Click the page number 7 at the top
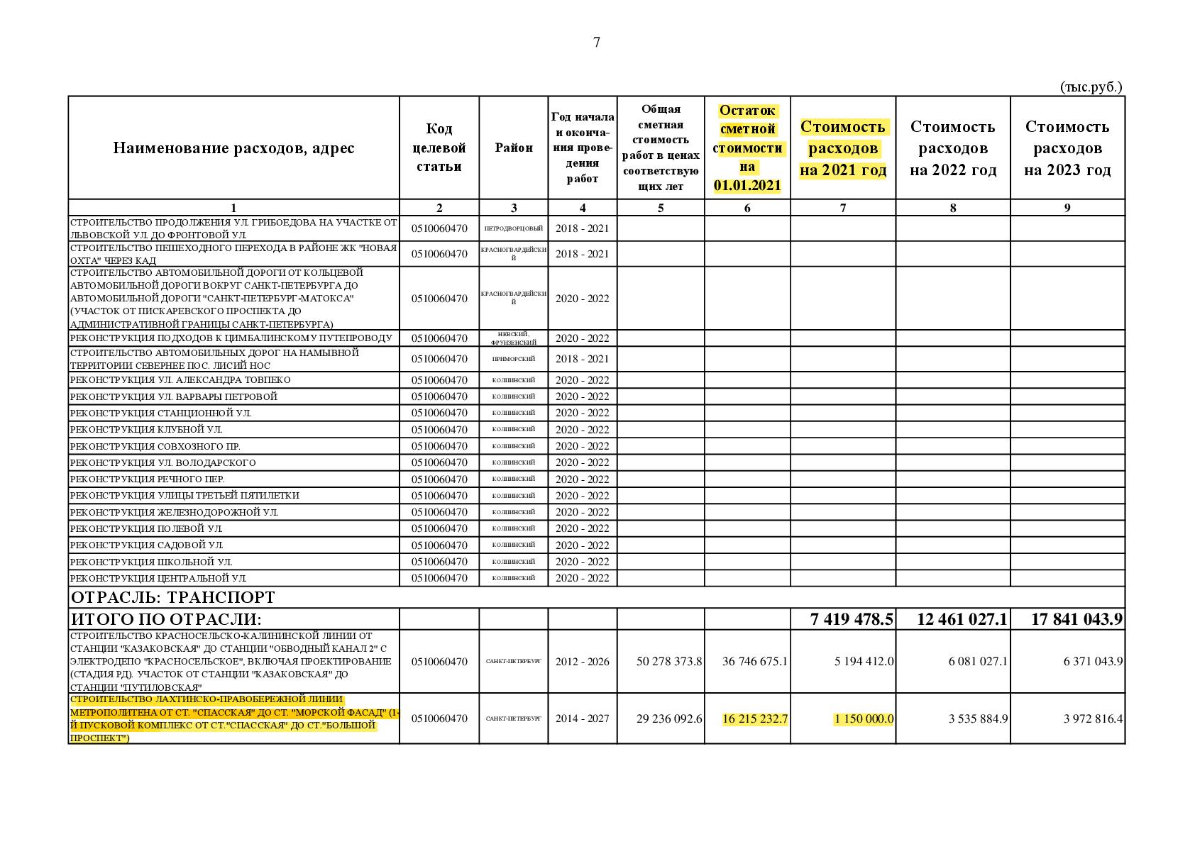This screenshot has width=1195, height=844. tap(597, 43)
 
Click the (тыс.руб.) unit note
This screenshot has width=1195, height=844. tap(1091, 87)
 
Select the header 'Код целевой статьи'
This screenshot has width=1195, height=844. tap(439, 148)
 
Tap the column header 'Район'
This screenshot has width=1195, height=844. tap(514, 148)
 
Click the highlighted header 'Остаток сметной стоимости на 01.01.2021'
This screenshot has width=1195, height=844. tap(747, 148)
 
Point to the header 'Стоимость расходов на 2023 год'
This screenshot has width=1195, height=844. tap(1067, 148)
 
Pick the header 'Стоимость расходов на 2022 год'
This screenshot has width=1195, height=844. tap(953, 148)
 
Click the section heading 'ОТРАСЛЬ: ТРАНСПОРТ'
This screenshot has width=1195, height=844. tap(173, 597)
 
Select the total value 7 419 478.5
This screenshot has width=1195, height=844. tap(852, 619)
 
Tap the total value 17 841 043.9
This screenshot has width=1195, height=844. tap(1076, 619)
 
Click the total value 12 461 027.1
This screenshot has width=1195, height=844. tap(962, 619)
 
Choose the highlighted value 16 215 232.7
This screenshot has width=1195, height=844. tap(755, 718)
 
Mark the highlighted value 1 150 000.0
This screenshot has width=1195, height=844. tap(864, 718)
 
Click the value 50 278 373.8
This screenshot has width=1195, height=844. tap(669, 661)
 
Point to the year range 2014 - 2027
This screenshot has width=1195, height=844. tap(582, 718)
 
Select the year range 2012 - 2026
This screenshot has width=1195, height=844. tap(582, 661)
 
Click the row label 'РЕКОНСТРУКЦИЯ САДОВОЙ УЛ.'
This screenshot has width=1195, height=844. tap(147, 545)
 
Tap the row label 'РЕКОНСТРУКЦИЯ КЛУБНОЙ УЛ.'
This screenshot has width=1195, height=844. tap(146, 430)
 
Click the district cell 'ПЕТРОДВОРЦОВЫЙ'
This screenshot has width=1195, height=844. tap(514, 228)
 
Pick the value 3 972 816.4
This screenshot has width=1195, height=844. tap(1093, 718)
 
